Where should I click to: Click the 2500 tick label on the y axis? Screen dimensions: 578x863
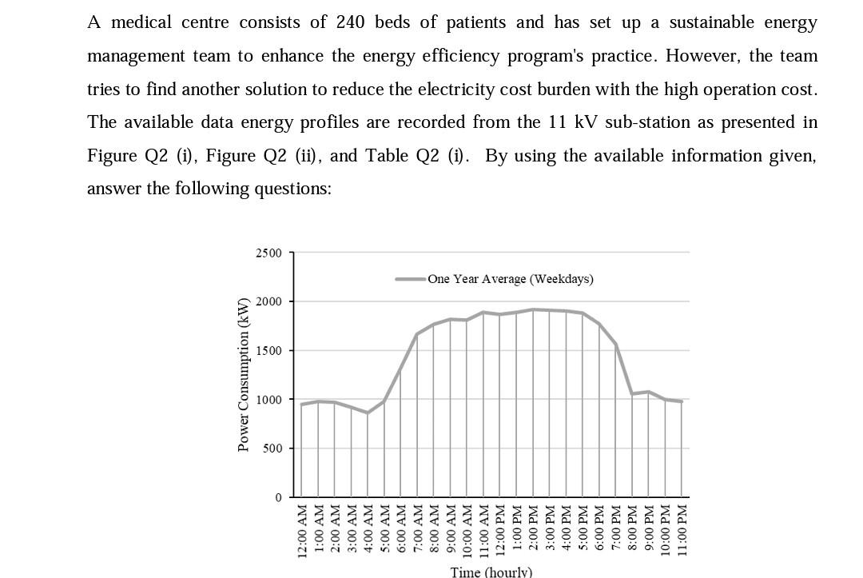pos(268,253)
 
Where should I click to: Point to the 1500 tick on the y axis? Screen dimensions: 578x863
pos(268,351)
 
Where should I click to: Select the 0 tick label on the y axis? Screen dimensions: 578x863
pos(278,497)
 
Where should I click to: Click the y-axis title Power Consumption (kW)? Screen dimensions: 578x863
pos(243,374)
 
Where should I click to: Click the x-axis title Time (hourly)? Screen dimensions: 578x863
pos(491,571)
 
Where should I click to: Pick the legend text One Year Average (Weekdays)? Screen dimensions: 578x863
pos(510,279)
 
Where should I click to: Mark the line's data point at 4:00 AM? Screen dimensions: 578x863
pos(368,413)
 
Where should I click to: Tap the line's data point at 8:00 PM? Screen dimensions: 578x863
pos(632,394)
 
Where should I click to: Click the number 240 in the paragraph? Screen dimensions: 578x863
pos(350,22)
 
